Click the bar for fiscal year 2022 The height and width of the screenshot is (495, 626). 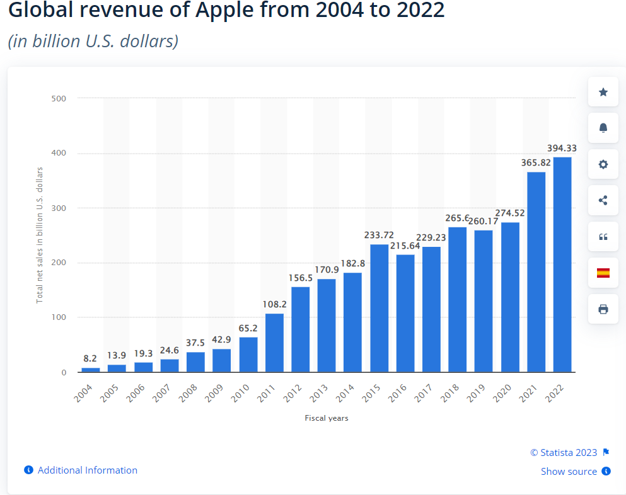(x=562, y=265)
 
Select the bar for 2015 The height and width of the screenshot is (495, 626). (x=379, y=308)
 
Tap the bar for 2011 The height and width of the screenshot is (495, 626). (x=274, y=343)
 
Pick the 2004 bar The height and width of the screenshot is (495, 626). (x=91, y=370)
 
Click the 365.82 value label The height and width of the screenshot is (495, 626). (x=536, y=162)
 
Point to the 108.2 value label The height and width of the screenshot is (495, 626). (x=274, y=304)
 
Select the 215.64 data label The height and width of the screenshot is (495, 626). (x=405, y=245)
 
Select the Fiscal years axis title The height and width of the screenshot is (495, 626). (x=326, y=418)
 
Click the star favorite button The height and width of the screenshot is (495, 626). (x=603, y=93)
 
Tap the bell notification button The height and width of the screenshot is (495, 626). (x=603, y=128)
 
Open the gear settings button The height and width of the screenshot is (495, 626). (x=603, y=164)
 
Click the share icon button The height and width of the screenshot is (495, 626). (x=603, y=201)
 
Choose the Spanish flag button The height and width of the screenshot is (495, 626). (x=603, y=273)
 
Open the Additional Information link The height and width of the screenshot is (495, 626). (x=87, y=470)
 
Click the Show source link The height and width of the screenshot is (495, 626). (x=569, y=472)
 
